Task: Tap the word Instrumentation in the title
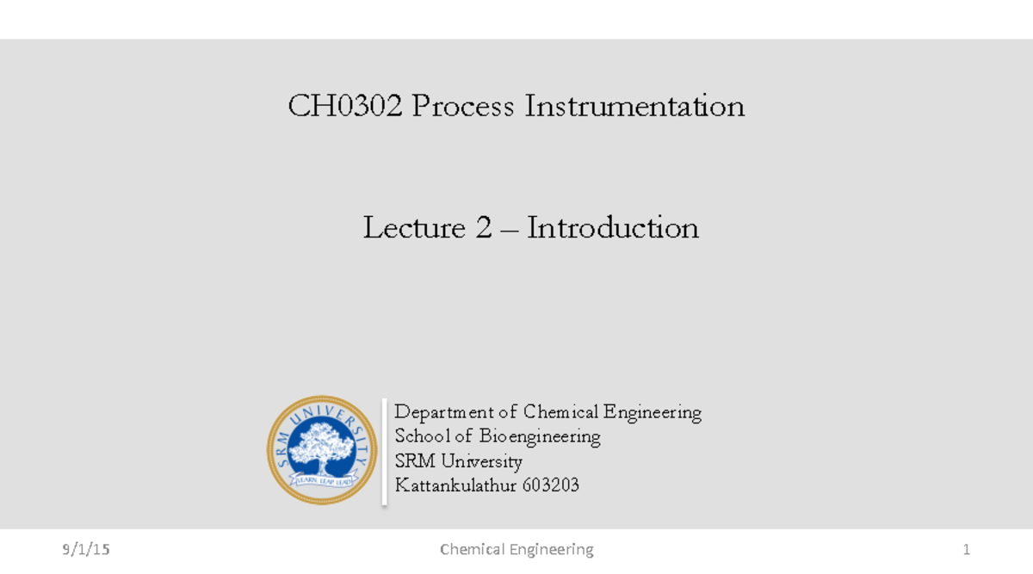(x=635, y=107)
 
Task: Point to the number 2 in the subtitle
(x=483, y=228)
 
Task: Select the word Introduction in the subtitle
(x=613, y=228)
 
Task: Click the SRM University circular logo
(x=322, y=450)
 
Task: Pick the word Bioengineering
(x=540, y=436)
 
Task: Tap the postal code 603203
(x=552, y=485)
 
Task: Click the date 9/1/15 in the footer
(x=86, y=549)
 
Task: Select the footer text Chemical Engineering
(x=516, y=549)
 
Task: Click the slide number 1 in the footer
(x=967, y=549)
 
